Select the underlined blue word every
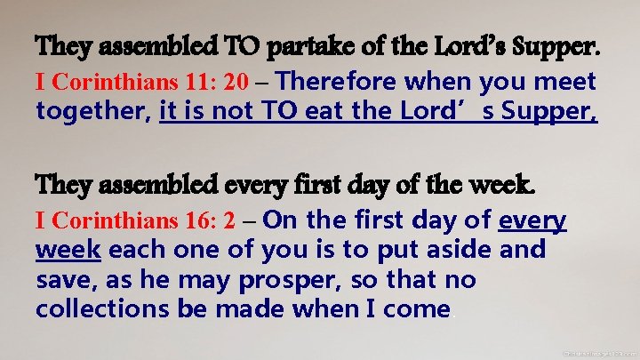[x=534, y=220]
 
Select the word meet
[x=565, y=83]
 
